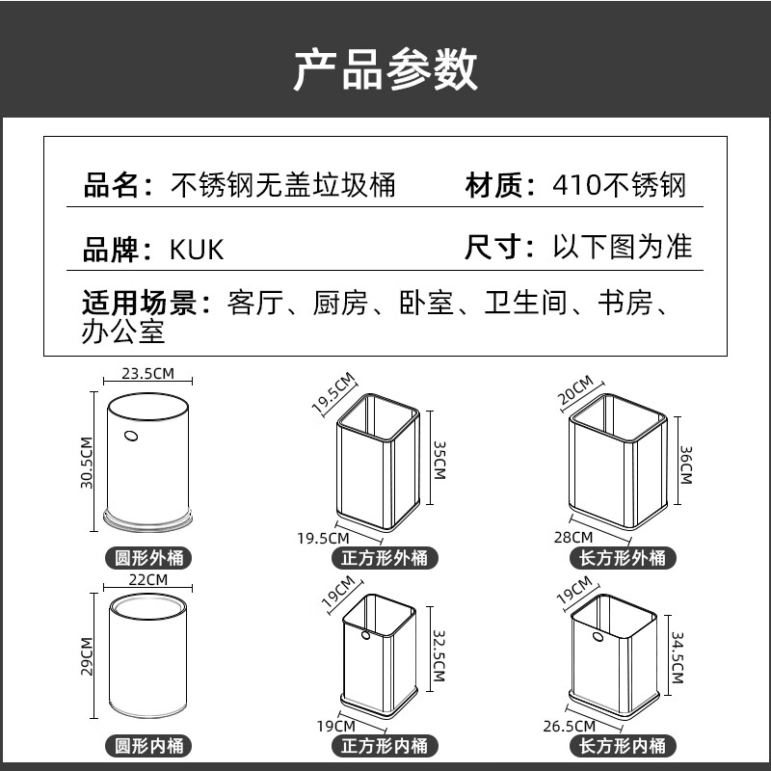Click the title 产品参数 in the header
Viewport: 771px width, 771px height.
[x=385, y=69]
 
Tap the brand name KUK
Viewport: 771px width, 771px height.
[x=197, y=249]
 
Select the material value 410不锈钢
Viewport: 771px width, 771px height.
[x=621, y=184]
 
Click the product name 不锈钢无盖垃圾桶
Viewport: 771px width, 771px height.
[x=283, y=184]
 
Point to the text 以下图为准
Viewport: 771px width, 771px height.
[x=622, y=247]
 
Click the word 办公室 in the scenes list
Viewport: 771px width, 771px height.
[x=124, y=332]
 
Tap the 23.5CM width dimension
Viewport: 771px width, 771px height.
[x=147, y=373]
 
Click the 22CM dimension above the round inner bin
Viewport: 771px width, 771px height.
[x=147, y=579]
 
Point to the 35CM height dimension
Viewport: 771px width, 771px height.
[x=439, y=460]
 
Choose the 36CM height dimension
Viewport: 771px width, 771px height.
[x=685, y=465]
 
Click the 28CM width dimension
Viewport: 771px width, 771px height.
[x=581, y=537]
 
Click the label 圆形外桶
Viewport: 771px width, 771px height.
[x=148, y=557]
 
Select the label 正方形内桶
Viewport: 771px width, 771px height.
[x=385, y=745]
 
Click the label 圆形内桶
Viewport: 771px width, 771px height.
[x=148, y=745]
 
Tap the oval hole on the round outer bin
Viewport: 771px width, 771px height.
[x=131, y=436]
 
